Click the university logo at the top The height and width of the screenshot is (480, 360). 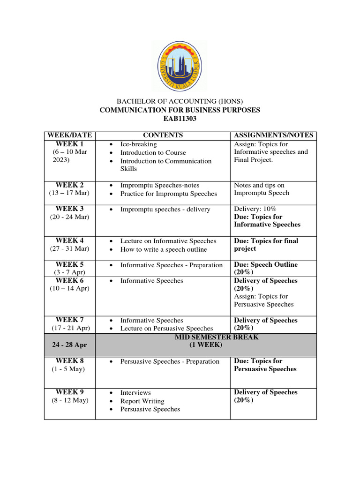180,65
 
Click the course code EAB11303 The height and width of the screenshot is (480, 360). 180,119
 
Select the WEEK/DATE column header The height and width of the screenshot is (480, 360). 69,135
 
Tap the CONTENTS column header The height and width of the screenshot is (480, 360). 163,135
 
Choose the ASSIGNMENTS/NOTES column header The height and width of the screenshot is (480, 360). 273,135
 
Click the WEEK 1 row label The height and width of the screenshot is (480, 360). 69,144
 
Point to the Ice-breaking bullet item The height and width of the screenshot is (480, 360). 138,144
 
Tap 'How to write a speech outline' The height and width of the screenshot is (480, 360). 163,249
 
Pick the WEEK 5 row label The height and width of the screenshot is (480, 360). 69,264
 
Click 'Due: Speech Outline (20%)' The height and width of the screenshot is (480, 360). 265,268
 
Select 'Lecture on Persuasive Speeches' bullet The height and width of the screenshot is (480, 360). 166,329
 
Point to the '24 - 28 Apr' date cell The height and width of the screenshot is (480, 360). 69,345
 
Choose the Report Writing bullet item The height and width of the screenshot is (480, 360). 142,401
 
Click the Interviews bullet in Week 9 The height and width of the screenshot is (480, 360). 135,393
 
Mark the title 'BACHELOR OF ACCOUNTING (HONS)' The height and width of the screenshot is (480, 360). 180,101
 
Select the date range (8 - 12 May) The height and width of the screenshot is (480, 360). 69,400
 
